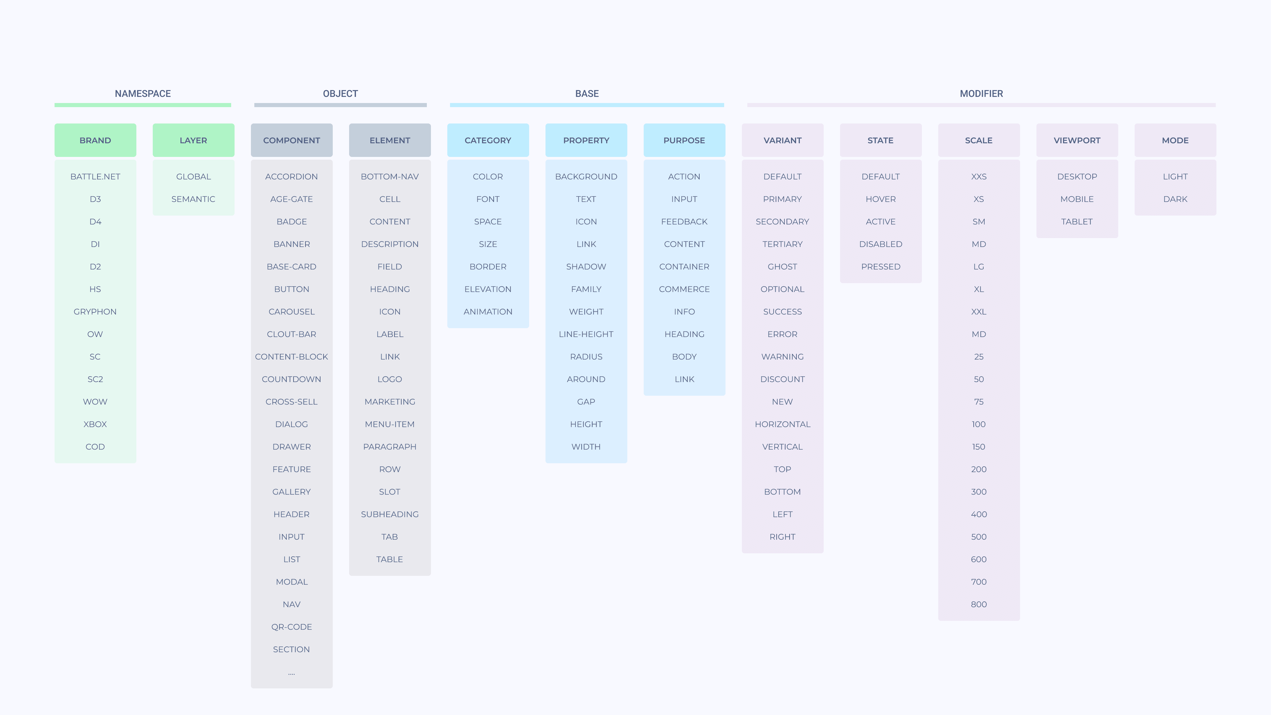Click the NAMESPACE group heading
pyautogui.click(x=143, y=94)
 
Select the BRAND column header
pyautogui.click(x=95, y=140)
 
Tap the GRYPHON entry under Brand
pyautogui.click(x=95, y=311)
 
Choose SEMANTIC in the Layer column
pyautogui.click(x=193, y=199)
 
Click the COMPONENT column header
pyautogui.click(x=291, y=140)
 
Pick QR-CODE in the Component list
pyautogui.click(x=291, y=627)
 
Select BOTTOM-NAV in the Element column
pyautogui.click(x=390, y=176)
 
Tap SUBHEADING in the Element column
pyautogui.click(x=390, y=514)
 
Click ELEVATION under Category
pyautogui.click(x=488, y=289)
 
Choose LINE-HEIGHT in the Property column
pyautogui.click(x=586, y=334)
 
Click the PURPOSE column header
pyautogui.click(x=684, y=140)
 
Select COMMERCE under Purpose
pyautogui.click(x=684, y=289)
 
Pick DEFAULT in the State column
pyautogui.click(x=881, y=176)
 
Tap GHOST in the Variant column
pyautogui.click(x=782, y=267)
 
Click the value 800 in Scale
pyautogui.click(x=979, y=604)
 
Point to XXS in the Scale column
pyautogui.click(x=979, y=176)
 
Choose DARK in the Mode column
pyautogui.click(x=1175, y=199)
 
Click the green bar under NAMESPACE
pyautogui.click(x=143, y=105)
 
